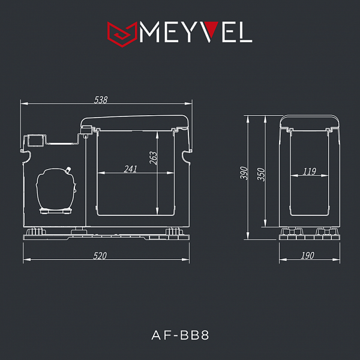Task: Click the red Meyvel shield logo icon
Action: [x=122, y=34]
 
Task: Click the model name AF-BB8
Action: [x=180, y=335]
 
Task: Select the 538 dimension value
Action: [x=101, y=100]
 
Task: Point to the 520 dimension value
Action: [x=100, y=256]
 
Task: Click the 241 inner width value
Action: [x=130, y=169]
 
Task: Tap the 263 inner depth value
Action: [x=154, y=158]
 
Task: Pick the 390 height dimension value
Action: [x=244, y=173]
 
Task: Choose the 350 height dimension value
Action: [x=261, y=175]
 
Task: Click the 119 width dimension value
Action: [x=310, y=171]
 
